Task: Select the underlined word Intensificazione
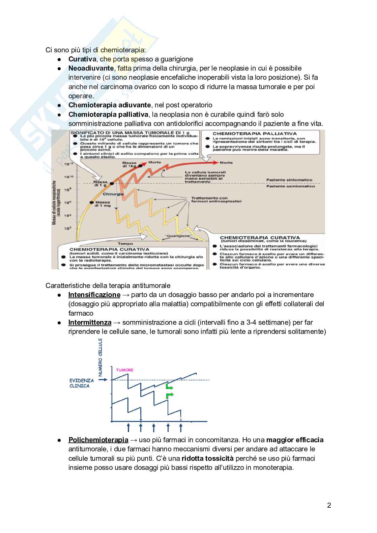(x=94, y=295)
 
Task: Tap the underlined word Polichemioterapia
(x=98, y=440)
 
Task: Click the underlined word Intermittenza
(x=90, y=322)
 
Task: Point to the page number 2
(x=329, y=505)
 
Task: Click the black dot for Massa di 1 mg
(x=91, y=203)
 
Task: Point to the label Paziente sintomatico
(x=289, y=180)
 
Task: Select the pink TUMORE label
(x=125, y=370)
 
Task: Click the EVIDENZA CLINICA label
(x=81, y=383)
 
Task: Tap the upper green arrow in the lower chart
(x=169, y=387)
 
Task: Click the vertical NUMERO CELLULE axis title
(x=100, y=357)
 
